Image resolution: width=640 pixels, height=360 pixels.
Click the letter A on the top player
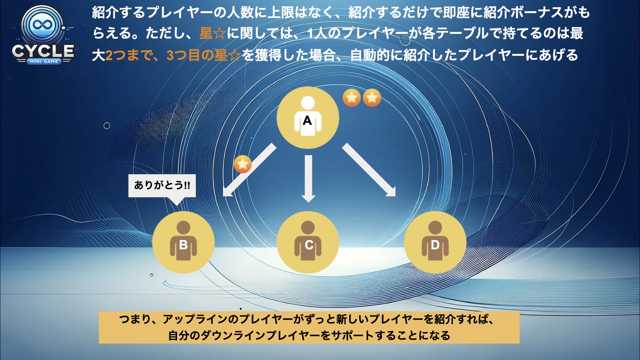(307, 120)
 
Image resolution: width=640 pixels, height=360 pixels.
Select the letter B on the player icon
(183, 245)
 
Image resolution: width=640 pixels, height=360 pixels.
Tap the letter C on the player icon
(309, 245)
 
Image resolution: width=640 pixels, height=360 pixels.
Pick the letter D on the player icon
(435, 245)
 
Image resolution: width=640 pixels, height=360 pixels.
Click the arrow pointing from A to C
(308, 179)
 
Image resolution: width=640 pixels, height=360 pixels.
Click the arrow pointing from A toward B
(249, 170)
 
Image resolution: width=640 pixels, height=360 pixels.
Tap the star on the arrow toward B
(243, 164)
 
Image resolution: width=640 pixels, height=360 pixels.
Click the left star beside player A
(352, 98)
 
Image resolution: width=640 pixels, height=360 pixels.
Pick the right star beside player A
(372, 98)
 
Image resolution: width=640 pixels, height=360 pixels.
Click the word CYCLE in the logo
(43, 51)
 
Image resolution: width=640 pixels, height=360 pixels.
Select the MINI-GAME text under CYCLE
(44, 61)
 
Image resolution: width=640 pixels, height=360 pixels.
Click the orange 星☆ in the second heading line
(213, 33)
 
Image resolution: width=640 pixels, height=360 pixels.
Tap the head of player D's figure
(435, 227)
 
